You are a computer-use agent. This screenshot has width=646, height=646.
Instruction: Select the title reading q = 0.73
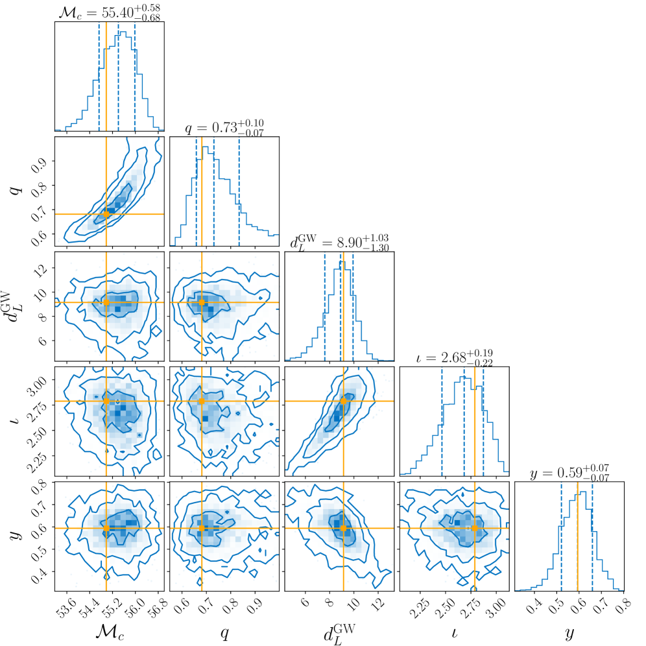pyautogui.click(x=224, y=126)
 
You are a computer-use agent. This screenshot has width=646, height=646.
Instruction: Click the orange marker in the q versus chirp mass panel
pyautogui.click(x=106, y=214)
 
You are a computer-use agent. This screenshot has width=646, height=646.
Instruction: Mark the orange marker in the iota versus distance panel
pyautogui.click(x=343, y=401)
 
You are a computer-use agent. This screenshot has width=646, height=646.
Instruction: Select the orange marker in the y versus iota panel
pyautogui.click(x=475, y=528)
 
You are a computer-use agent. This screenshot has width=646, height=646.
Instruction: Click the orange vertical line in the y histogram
pyautogui.click(x=577, y=551)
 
